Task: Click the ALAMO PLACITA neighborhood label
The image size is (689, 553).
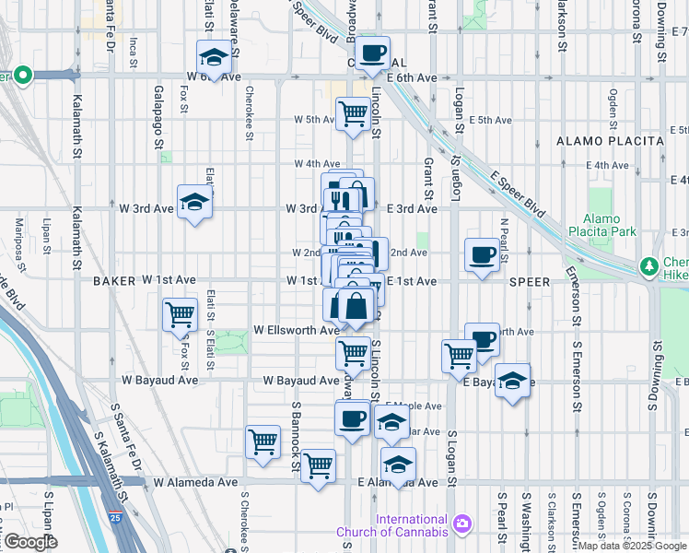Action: click(x=610, y=140)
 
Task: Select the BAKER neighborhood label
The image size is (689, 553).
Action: click(x=114, y=279)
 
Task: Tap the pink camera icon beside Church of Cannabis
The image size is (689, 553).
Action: click(x=461, y=524)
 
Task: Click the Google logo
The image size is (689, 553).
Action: click(x=29, y=541)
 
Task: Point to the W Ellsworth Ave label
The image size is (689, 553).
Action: click(x=297, y=330)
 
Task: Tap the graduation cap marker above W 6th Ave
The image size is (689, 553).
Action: click(x=214, y=58)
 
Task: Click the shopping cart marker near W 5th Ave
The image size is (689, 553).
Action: click(x=353, y=114)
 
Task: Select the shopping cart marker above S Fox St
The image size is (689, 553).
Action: click(x=180, y=314)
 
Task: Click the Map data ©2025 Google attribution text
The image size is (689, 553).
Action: click(x=632, y=546)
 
